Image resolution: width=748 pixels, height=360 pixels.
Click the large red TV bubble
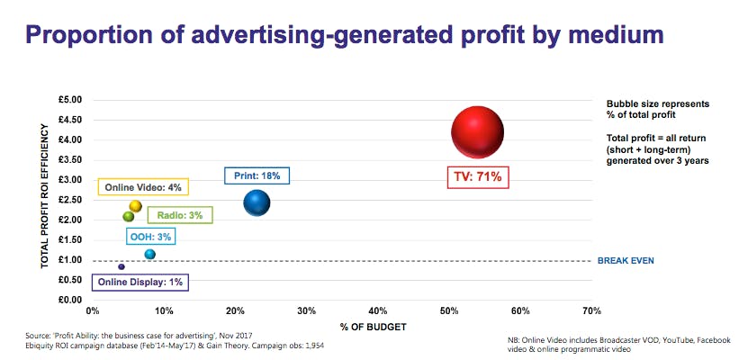477,132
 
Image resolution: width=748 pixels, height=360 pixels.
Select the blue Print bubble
257,203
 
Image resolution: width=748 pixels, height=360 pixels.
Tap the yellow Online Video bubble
135,206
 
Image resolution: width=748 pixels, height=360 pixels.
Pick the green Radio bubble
129,216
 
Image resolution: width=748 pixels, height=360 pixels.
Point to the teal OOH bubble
150,255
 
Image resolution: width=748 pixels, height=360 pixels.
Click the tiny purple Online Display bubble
122,267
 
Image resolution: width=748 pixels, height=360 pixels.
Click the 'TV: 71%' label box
480,177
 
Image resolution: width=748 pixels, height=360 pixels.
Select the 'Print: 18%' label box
257,176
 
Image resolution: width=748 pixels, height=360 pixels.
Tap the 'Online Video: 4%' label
144,187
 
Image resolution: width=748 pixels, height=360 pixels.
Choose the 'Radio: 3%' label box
180,215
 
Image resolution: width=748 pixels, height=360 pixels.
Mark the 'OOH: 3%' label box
149,237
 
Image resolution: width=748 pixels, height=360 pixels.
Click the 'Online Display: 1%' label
140,283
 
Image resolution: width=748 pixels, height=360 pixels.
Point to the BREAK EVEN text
626,261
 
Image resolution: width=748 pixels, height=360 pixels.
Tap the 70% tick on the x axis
591,310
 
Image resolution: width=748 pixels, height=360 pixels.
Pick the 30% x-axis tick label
306,310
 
